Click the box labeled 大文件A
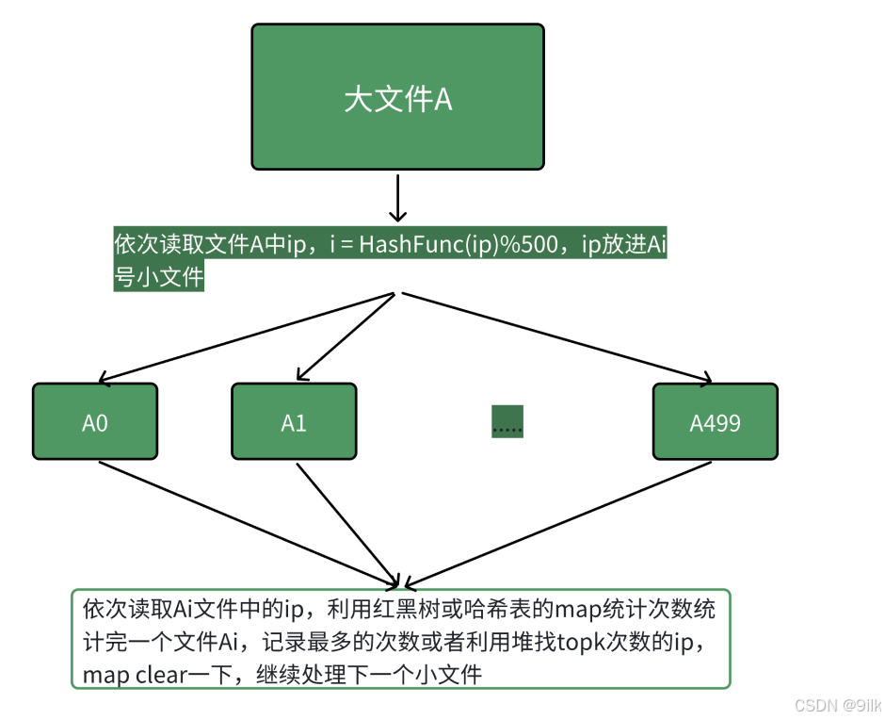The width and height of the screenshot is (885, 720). (397, 97)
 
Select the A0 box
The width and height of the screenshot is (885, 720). (95, 421)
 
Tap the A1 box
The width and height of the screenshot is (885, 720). (294, 421)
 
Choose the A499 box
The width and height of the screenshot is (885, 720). (715, 421)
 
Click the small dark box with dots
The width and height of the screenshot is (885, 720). (507, 421)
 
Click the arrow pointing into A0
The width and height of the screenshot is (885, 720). (245, 336)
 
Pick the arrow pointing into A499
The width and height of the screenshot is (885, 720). (555, 336)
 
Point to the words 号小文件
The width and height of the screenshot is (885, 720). (158, 279)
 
